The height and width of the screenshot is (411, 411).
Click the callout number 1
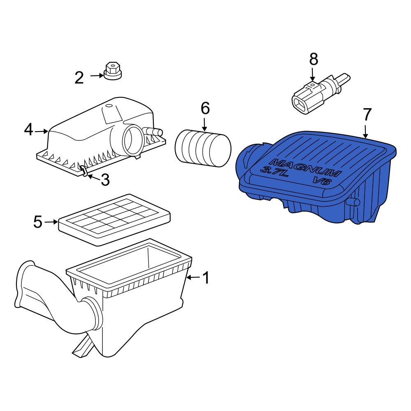pos(206,278)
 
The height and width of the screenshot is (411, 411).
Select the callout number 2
pos(79,77)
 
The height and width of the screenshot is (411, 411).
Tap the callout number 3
pos(105,180)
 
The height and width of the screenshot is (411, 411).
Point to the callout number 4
pos(28,130)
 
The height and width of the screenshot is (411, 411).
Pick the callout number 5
pos(38,222)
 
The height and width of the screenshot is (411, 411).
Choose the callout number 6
pos(205,109)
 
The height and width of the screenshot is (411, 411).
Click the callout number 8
pos(314,60)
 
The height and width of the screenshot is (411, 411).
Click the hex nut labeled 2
pos(113,71)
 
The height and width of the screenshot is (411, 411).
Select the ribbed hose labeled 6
pos(203,148)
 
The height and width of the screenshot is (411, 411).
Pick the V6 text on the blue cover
pos(321,181)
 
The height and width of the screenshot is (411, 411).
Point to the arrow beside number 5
pos(51,222)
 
